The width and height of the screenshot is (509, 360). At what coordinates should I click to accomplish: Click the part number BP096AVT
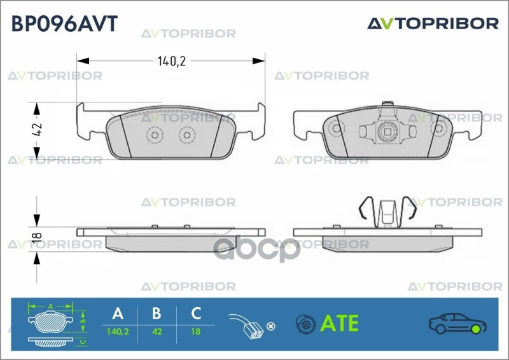point(64,24)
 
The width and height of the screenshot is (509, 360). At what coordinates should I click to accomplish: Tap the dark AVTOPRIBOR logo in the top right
point(433,24)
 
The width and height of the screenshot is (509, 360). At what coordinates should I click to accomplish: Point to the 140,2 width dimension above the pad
point(171,61)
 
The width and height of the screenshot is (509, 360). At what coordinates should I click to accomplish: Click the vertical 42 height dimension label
point(38,130)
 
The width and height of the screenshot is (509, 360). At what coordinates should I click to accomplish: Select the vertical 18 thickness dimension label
point(38,236)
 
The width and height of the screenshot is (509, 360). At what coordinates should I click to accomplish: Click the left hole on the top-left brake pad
point(155,135)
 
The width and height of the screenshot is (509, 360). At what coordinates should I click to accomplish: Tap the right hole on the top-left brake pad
point(187,135)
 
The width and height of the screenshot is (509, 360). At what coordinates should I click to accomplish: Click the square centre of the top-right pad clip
point(387,131)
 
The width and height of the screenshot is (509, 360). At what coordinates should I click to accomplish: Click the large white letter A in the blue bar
point(118,314)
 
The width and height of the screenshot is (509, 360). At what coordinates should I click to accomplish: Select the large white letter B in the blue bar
point(157,314)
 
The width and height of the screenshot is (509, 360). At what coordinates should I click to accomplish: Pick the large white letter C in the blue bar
point(196,314)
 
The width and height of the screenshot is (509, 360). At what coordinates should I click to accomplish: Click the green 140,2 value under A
point(118,332)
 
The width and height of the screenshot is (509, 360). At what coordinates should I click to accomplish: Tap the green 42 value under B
point(157,332)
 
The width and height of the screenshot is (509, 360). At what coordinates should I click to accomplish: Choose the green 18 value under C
point(196,332)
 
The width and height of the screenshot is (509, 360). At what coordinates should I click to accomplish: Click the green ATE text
point(339,323)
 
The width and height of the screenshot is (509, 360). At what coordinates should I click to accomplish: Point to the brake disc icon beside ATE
point(305,324)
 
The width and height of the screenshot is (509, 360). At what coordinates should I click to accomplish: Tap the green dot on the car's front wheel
point(476,329)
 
